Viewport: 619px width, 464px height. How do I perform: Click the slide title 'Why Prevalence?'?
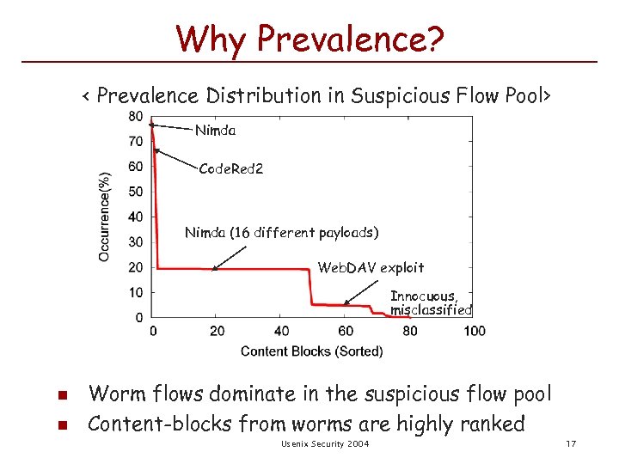click(309, 38)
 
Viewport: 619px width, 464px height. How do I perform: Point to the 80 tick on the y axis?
click(136, 117)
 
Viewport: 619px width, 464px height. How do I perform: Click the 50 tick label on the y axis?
click(136, 192)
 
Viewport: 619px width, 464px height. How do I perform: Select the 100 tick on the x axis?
click(475, 332)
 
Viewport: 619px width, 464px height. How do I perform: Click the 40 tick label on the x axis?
click(281, 332)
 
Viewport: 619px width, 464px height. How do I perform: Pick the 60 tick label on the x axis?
click(346, 332)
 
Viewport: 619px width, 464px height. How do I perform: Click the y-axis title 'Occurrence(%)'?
click(104, 217)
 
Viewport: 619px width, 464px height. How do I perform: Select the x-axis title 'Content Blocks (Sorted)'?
click(312, 351)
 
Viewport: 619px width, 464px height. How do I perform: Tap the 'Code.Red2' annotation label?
click(230, 169)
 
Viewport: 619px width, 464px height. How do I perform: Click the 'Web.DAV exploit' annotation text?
click(371, 267)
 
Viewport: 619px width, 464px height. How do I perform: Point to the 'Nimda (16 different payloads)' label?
click(281, 233)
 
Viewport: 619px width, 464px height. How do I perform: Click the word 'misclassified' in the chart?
click(431, 309)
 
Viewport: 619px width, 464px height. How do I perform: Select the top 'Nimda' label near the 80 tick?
click(215, 131)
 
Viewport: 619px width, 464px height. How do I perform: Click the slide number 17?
click(570, 443)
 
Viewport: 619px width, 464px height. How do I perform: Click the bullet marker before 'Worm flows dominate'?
click(60, 396)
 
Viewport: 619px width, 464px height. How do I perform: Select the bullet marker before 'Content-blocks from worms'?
click(60, 424)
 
